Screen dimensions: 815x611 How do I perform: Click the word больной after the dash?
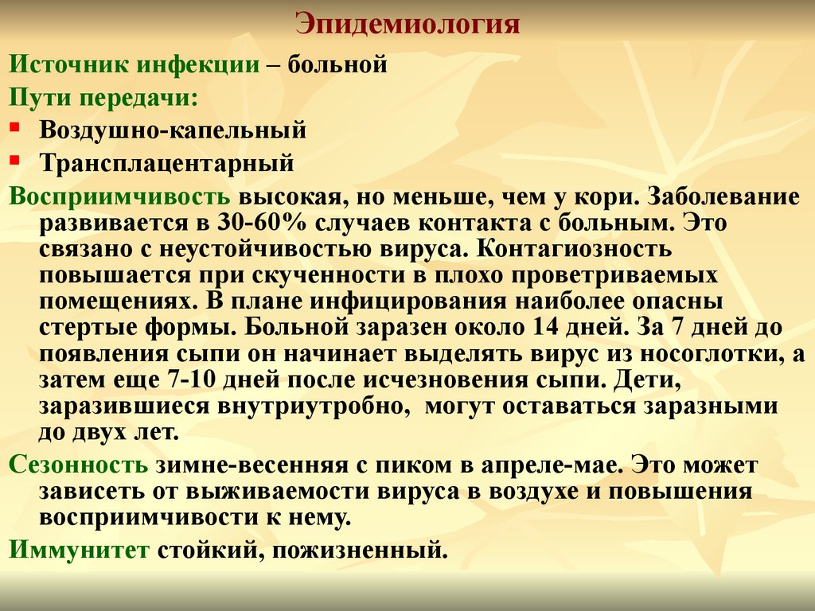click(x=337, y=64)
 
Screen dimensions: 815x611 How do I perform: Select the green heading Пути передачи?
click(x=103, y=98)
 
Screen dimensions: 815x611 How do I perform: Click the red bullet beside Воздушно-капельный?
click(x=14, y=126)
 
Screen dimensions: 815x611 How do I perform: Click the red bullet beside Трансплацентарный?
click(x=14, y=159)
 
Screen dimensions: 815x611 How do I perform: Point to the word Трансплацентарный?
click(x=167, y=162)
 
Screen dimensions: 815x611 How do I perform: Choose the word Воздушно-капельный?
click(x=173, y=130)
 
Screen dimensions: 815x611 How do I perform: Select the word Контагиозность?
click(x=574, y=248)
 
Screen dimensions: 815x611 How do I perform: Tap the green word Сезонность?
click(x=79, y=465)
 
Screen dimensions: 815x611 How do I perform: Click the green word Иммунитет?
click(x=79, y=550)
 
